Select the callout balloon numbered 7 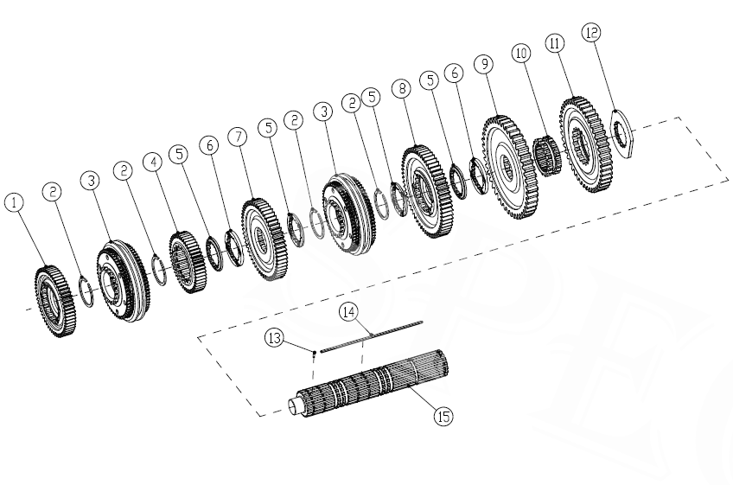237,137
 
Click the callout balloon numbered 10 520,53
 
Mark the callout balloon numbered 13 273,341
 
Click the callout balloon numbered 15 443,417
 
